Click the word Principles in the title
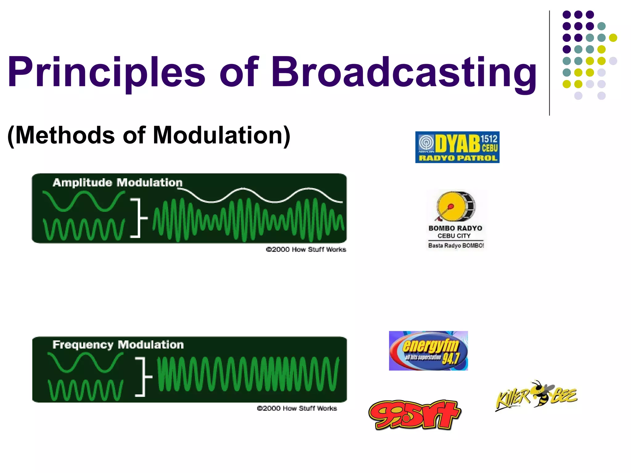tap(106, 72)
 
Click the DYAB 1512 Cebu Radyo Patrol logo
tap(457, 147)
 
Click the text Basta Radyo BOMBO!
tap(456, 245)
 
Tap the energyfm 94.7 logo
tap(428, 351)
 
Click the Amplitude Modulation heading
tap(117, 183)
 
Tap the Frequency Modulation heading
tap(118, 345)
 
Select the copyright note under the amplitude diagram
tap(306, 249)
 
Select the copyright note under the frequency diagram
tap(297, 408)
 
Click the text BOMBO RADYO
tap(455, 228)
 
